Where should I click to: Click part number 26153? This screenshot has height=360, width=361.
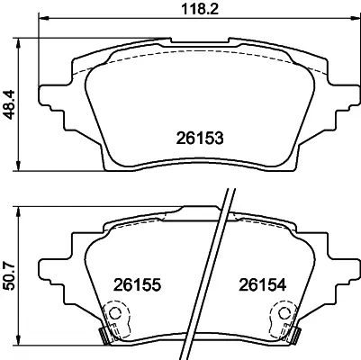coord(198,138)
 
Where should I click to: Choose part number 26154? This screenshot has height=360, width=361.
coord(262,283)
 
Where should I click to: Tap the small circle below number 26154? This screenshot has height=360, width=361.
coord(284,315)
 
